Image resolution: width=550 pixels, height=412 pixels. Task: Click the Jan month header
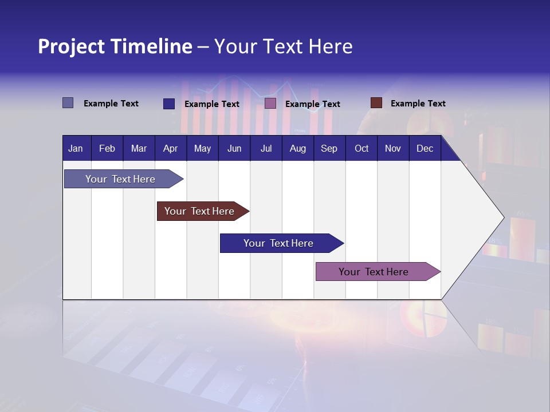[x=76, y=148]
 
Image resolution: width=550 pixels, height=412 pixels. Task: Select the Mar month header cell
[x=139, y=148]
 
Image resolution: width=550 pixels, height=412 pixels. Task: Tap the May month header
[x=202, y=148]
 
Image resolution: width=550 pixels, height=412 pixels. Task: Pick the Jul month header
[x=266, y=148]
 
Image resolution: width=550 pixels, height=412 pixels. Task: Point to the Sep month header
[x=329, y=148]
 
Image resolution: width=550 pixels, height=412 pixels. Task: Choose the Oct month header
[x=362, y=148]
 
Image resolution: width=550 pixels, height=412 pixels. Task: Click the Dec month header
[x=425, y=148]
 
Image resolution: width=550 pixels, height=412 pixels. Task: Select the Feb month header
[x=107, y=148]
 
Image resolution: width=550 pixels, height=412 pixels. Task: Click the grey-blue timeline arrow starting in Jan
[x=120, y=179]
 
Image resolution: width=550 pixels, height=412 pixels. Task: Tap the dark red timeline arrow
[x=199, y=211]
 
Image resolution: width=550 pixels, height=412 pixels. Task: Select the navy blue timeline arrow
[x=278, y=243]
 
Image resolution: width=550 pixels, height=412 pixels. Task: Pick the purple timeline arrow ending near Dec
[x=374, y=272]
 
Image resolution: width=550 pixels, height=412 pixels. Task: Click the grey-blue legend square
[x=68, y=103]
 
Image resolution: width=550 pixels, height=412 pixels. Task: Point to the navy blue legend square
[x=168, y=104]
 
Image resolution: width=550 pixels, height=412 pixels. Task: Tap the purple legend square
[x=270, y=103]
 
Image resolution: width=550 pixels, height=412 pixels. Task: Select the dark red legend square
[x=376, y=103]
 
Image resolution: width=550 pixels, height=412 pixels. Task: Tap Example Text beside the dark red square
[x=418, y=104]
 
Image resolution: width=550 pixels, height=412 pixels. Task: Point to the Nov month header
[x=392, y=148]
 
